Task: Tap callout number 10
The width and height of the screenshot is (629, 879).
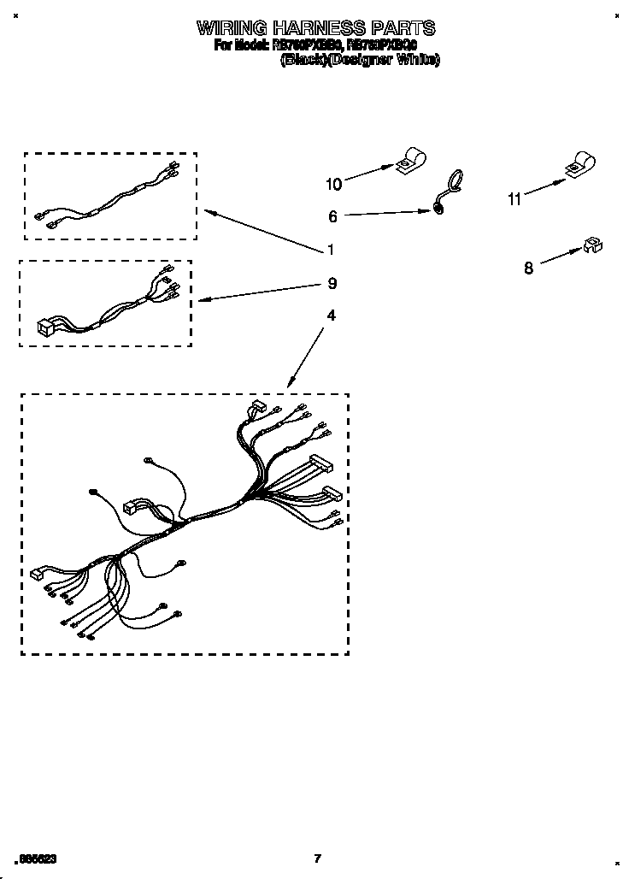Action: (x=333, y=184)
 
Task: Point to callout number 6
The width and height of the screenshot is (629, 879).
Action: (x=332, y=217)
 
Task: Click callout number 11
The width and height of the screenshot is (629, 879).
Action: (x=514, y=199)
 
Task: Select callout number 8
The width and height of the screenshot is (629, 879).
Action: (x=528, y=268)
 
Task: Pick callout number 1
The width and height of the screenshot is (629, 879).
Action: (x=330, y=251)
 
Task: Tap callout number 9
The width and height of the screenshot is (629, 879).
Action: (x=332, y=283)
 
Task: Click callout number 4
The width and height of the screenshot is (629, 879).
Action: (x=331, y=316)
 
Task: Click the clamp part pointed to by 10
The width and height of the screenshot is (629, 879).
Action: (x=410, y=162)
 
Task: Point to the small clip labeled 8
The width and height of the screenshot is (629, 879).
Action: (x=591, y=246)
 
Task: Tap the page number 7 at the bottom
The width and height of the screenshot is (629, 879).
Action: (x=316, y=858)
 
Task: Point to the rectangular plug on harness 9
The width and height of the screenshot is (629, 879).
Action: (x=44, y=326)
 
